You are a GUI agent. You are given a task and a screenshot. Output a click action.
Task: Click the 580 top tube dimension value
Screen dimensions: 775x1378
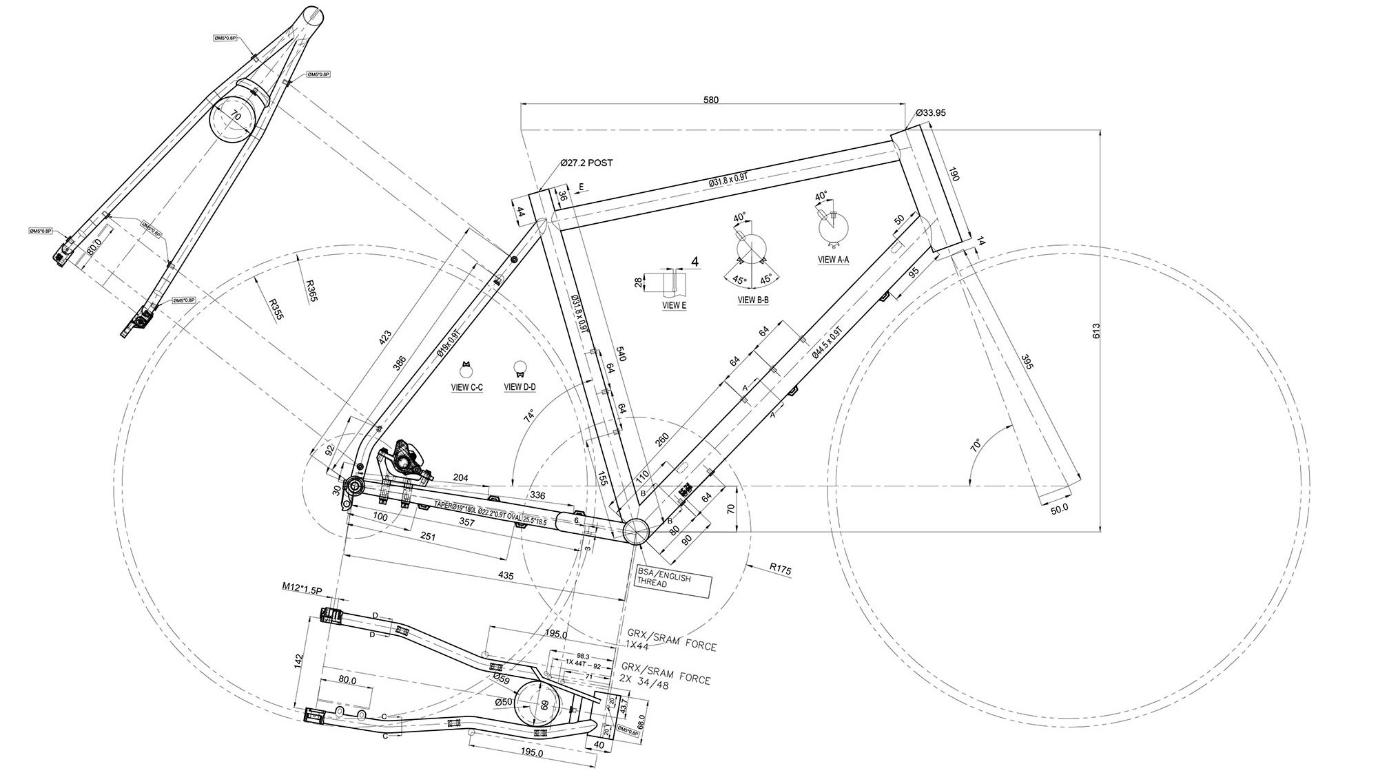coord(710,100)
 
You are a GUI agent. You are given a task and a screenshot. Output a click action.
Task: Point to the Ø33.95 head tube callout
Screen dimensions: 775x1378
coord(929,113)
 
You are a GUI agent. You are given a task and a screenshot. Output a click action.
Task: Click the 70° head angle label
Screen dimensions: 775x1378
coord(976,445)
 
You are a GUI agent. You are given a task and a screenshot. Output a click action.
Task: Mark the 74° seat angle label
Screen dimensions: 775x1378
coord(529,416)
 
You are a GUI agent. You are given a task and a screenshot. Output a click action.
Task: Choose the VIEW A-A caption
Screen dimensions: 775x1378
coord(833,260)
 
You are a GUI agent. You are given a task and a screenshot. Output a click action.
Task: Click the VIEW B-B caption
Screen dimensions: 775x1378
coord(753,300)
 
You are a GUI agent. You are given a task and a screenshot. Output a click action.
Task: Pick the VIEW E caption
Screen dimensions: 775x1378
coord(674,305)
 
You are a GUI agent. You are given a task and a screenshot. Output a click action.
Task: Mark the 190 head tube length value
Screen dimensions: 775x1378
coord(953,175)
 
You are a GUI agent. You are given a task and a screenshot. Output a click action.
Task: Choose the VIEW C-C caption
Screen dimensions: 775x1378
coord(466,388)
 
